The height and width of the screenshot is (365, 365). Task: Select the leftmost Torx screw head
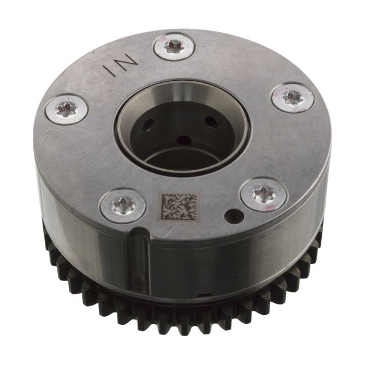tap(67, 110)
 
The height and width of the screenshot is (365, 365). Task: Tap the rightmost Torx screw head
tap(292, 97)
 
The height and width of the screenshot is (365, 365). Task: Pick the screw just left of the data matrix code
tap(123, 206)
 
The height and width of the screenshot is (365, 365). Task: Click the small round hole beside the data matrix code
tap(234, 216)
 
